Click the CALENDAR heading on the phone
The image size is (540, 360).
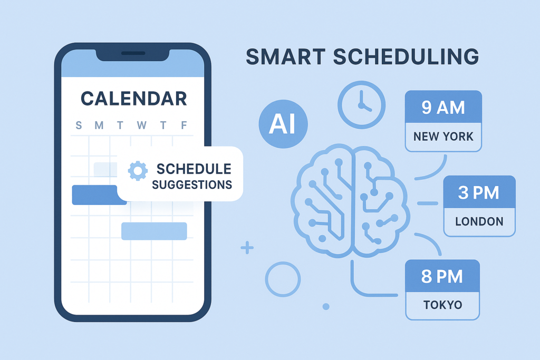click(133, 98)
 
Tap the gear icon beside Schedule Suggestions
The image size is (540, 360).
click(138, 170)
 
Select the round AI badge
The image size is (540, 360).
click(282, 124)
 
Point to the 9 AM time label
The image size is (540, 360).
click(443, 108)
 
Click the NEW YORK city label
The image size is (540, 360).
click(443, 137)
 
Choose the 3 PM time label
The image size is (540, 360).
click(479, 193)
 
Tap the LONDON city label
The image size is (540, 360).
click(479, 221)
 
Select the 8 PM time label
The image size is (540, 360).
click(442, 276)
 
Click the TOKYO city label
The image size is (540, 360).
click(442, 305)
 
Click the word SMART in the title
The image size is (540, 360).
click(285, 57)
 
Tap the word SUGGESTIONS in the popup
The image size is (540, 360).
click(192, 185)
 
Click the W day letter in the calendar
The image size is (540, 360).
click(141, 125)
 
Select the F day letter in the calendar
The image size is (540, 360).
click(184, 125)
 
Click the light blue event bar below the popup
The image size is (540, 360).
click(154, 231)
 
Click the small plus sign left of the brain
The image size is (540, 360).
click(247, 247)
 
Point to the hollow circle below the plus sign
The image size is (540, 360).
click(283, 279)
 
